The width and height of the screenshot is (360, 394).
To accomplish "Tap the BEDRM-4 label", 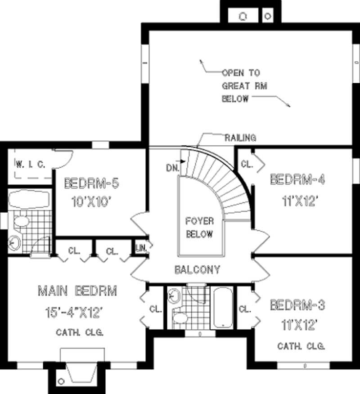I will point(297,179).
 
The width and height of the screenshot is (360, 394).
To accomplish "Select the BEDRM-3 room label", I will point(297,306).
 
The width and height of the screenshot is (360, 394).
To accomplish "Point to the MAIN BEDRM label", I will point(77,291).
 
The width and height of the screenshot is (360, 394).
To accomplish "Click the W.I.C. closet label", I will point(30,164).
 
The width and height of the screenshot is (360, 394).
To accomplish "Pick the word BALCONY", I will point(198,270).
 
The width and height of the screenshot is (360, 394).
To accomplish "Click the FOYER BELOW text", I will point(199,228).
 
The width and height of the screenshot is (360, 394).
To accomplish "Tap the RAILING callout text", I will point(240,138).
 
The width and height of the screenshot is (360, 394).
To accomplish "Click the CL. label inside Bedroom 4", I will point(246,164).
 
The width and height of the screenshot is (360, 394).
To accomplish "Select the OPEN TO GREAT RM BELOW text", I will point(241,85).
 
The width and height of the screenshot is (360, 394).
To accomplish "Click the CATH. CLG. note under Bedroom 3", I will point(301,346).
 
